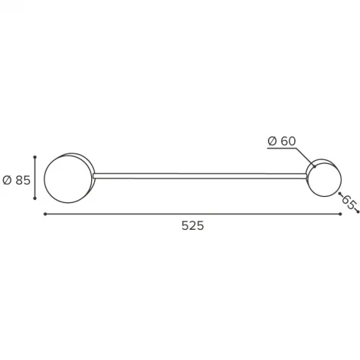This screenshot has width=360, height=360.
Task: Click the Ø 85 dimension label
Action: [x=17, y=180]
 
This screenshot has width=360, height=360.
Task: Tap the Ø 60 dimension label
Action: [x=282, y=141]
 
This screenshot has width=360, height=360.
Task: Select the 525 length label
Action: [x=193, y=226]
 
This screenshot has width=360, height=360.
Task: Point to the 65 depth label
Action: [x=349, y=202]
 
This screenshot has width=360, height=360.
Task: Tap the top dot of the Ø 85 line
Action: [x=35, y=157]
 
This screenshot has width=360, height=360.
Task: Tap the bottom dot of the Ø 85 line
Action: [x=35, y=198]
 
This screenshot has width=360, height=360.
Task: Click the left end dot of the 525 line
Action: [x=45, y=214]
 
